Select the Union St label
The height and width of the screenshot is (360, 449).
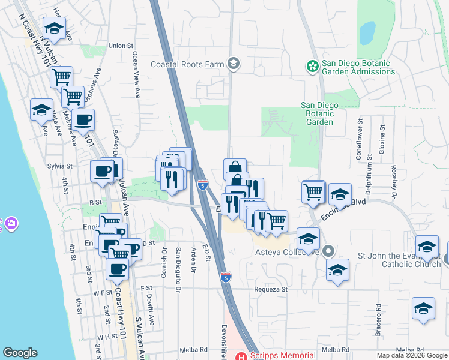click(121, 46)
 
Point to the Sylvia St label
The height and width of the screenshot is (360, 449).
click(59, 166)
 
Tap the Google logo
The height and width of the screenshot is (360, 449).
click(20, 353)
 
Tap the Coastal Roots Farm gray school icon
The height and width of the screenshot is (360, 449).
click(234, 64)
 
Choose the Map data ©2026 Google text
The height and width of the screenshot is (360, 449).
click(412, 355)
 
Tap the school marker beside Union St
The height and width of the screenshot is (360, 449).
click(54, 28)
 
